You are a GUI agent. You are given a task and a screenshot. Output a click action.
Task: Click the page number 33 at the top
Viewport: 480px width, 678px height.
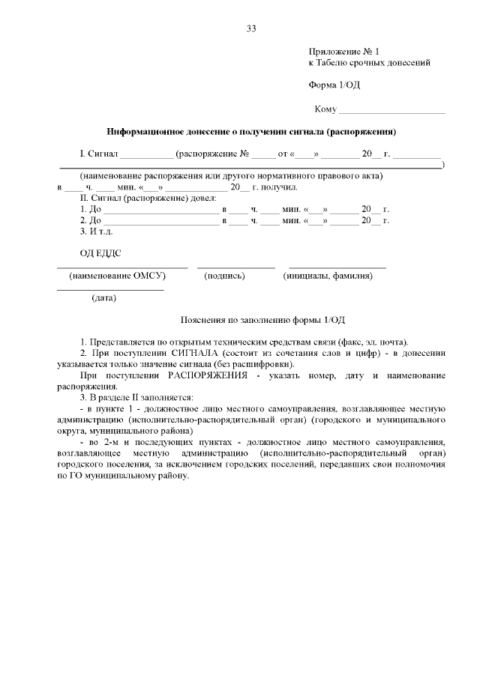pyautogui.click(x=251, y=29)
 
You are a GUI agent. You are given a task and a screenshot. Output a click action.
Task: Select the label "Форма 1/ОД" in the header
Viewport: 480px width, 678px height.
pyautogui.click(x=334, y=85)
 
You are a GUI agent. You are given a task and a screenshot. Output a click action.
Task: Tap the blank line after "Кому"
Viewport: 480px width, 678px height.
pyautogui.click(x=391, y=112)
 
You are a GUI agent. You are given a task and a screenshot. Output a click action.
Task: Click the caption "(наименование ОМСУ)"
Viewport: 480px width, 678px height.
pyautogui.click(x=117, y=276)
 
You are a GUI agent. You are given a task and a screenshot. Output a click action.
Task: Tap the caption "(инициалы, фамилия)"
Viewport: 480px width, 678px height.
pyautogui.click(x=328, y=276)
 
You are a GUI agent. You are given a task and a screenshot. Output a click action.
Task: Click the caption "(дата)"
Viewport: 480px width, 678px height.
pyautogui.click(x=103, y=298)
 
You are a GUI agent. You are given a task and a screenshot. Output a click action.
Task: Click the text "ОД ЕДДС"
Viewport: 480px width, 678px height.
pyautogui.click(x=100, y=255)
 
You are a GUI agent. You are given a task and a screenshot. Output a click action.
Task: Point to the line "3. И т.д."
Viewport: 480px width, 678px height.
pyautogui.click(x=96, y=231)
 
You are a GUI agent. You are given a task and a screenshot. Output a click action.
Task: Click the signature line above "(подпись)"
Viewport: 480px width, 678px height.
pyautogui.click(x=235, y=267)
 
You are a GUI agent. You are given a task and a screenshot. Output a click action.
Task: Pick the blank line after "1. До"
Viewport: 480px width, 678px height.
pyautogui.click(x=160, y=211)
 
